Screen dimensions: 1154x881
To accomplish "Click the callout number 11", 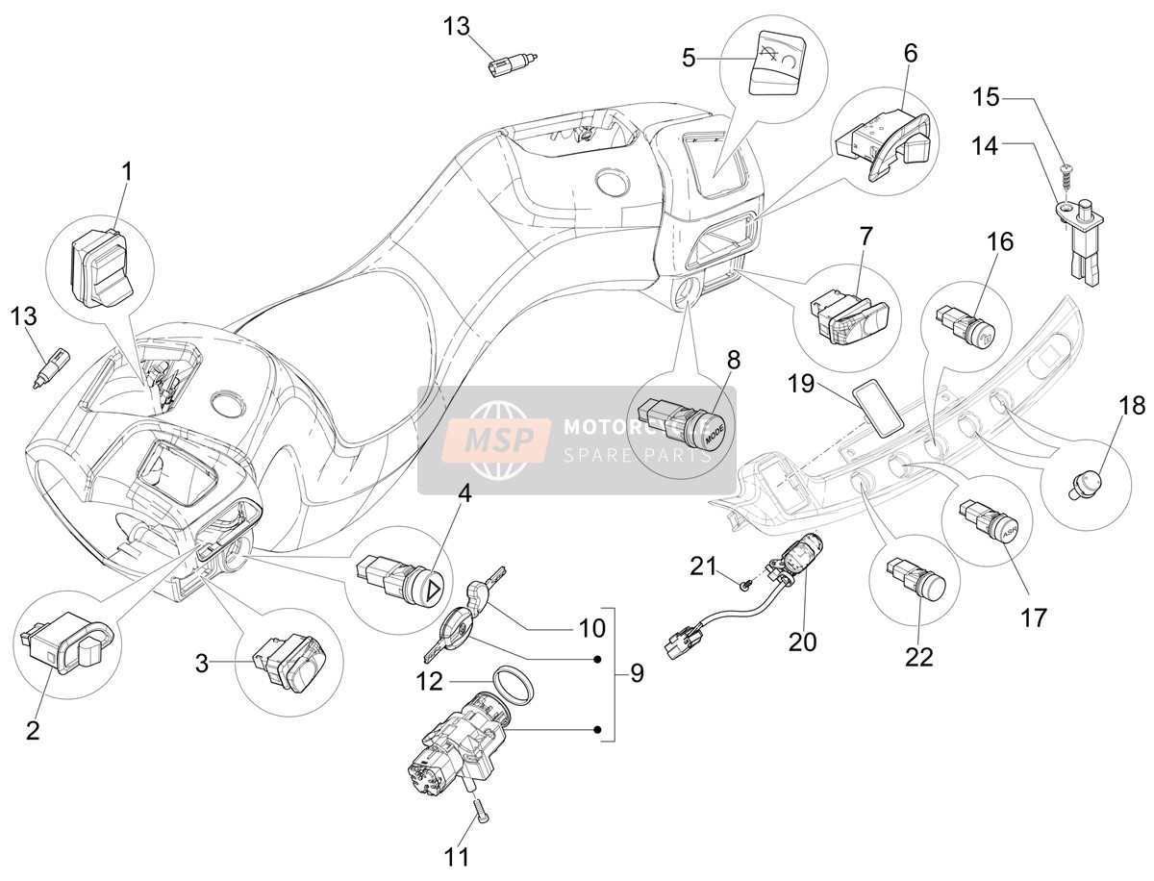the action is [456, 857].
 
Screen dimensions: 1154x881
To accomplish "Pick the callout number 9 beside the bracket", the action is [637, 673].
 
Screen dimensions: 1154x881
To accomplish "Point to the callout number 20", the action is [802, 642].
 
